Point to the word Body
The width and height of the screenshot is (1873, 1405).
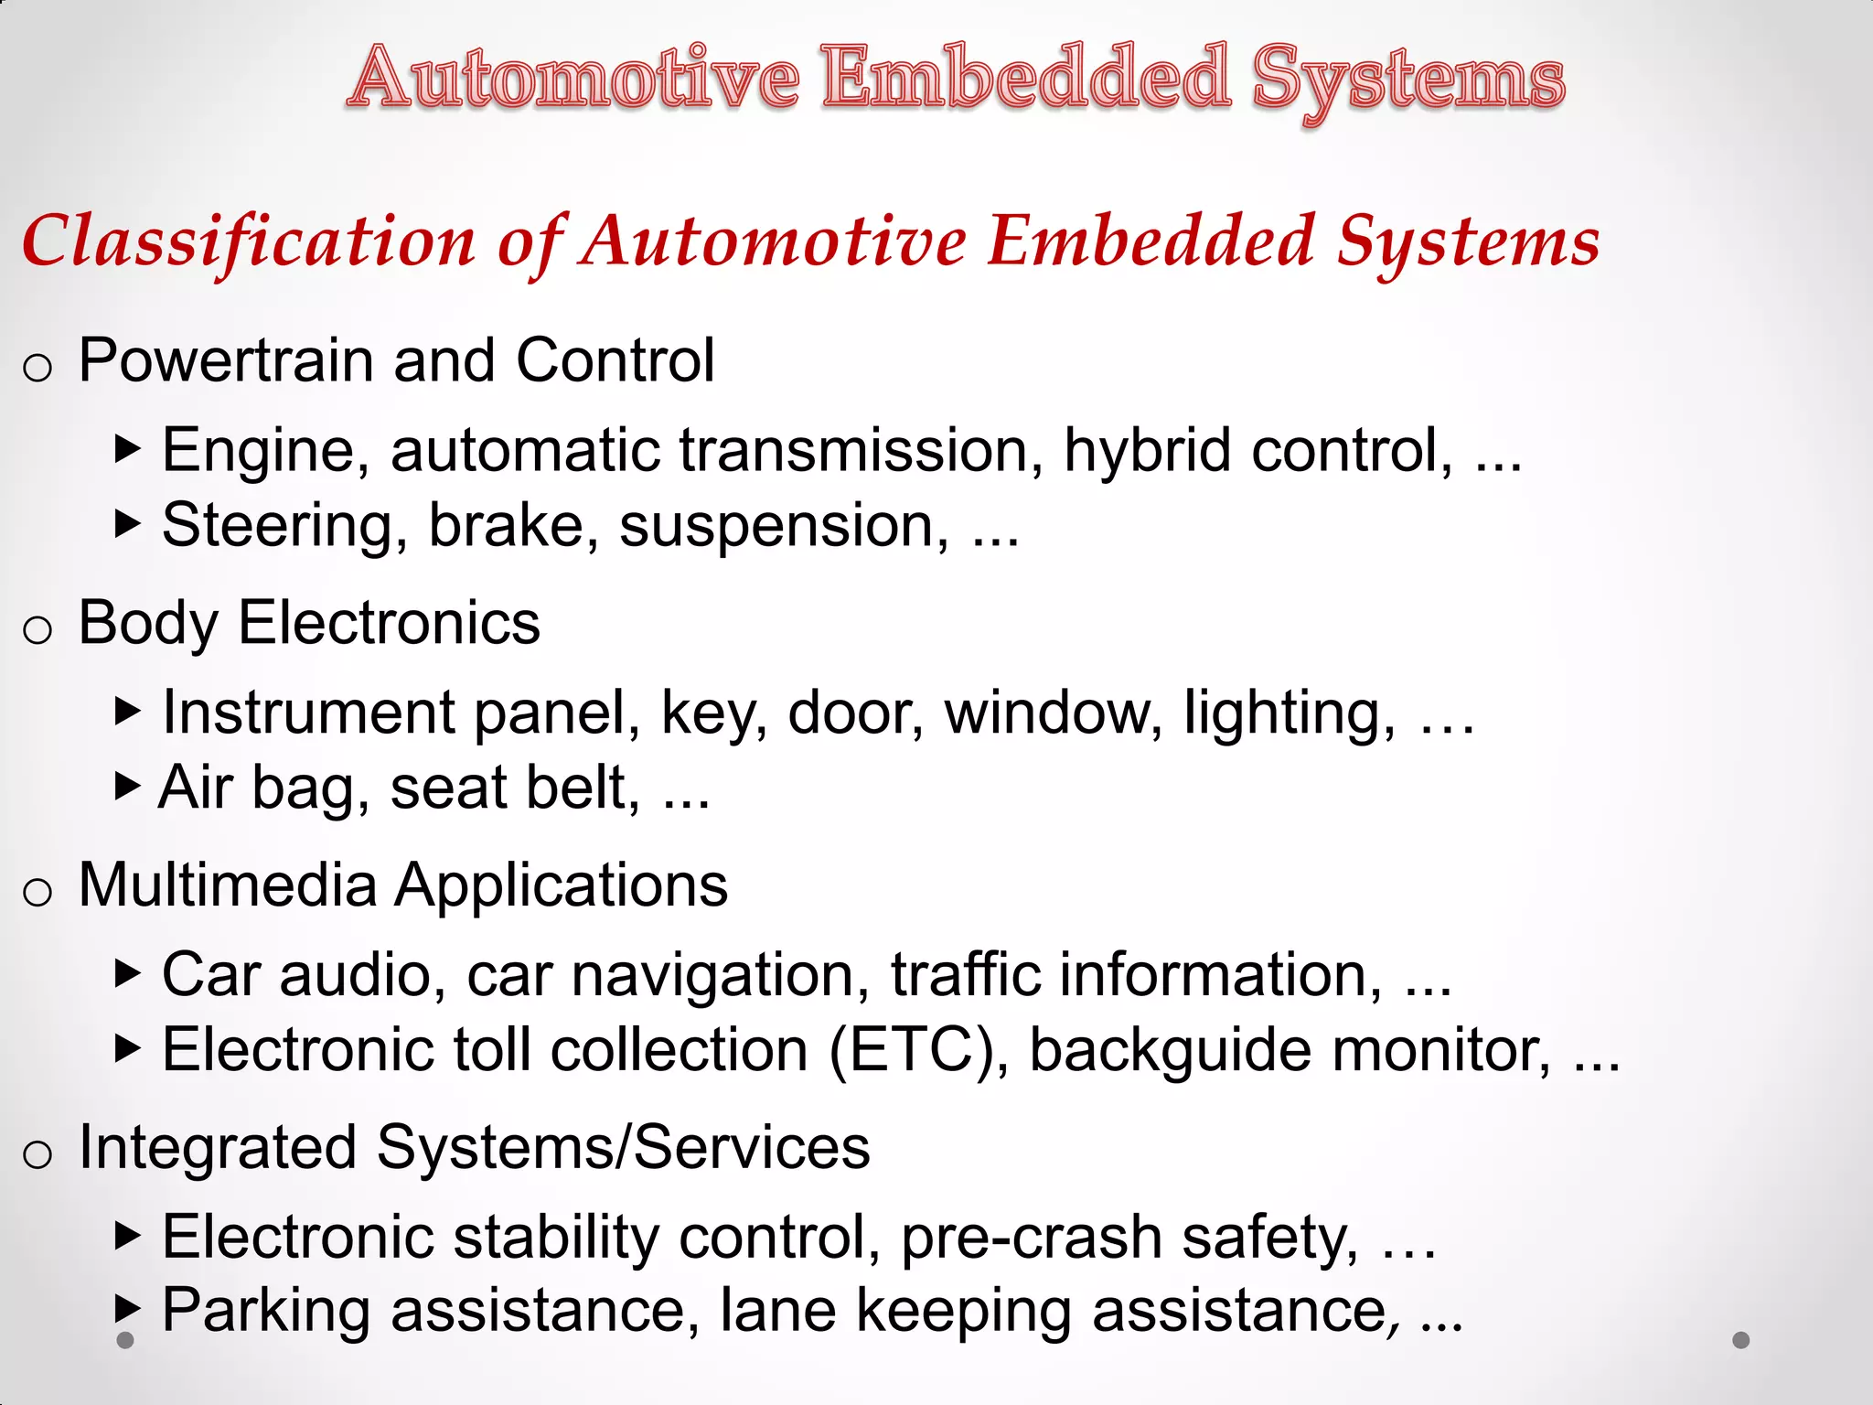tap(147, 624)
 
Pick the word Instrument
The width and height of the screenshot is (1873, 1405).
tap(308, 713)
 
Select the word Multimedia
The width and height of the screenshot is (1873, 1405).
tap(228, 885)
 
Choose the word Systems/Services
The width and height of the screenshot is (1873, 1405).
tap(623, 1147)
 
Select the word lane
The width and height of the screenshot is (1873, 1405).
tap(777, 1311)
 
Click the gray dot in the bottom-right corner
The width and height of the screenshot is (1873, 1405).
tap(1741, 1340)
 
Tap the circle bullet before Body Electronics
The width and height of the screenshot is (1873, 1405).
tap(37, 630)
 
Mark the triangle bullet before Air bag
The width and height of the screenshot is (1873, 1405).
tap(128, 785)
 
